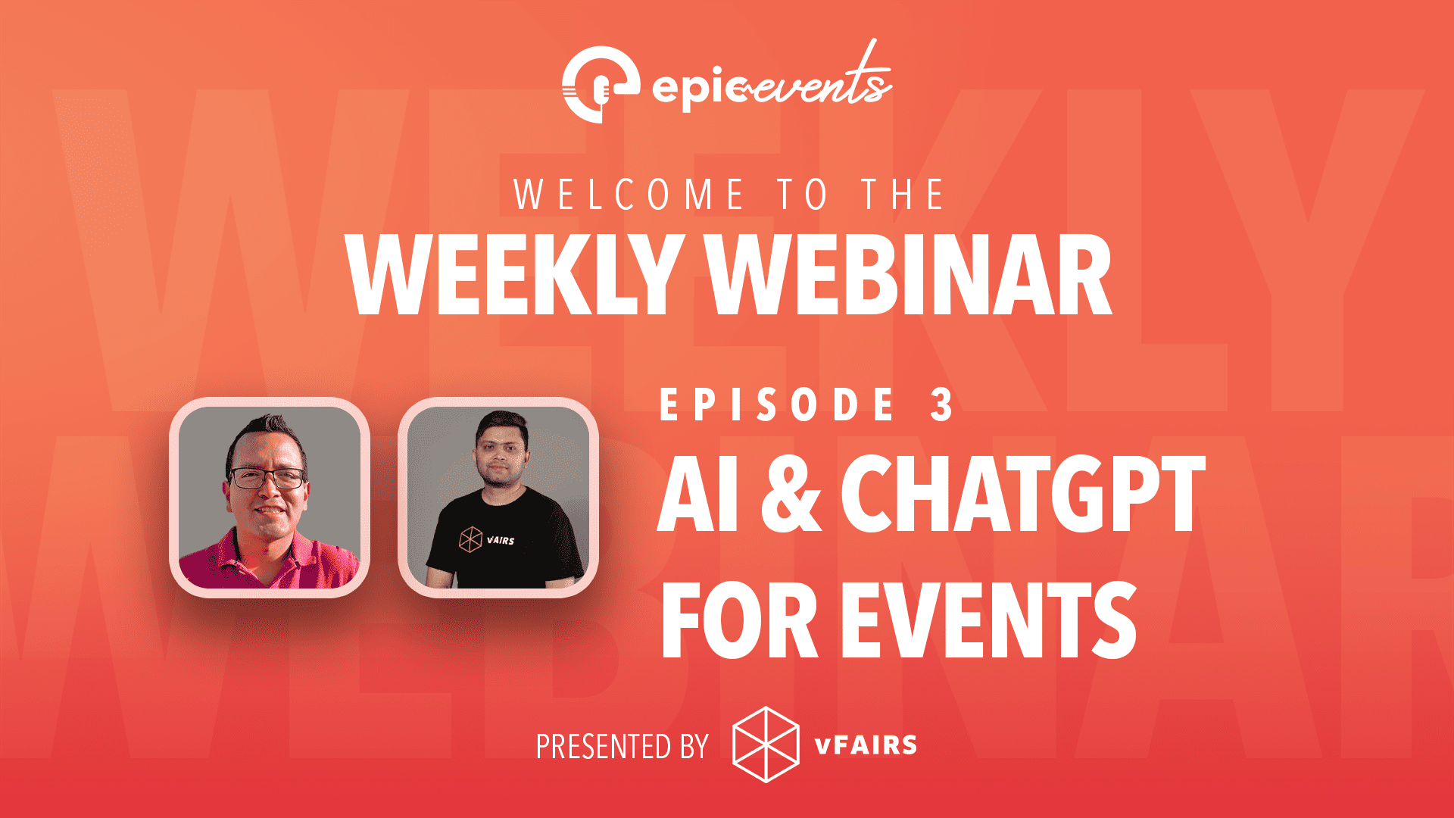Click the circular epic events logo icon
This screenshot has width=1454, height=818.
601,84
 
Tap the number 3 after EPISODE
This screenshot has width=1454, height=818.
942,404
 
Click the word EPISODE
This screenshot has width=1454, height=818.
778,404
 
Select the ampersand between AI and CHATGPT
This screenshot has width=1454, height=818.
791,494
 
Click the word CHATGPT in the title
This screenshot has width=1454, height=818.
1023,494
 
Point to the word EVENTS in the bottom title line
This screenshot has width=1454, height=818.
989,621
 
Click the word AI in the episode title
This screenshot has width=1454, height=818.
698,494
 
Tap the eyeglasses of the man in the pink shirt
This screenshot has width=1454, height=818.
267,479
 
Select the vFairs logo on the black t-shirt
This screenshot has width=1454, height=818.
487,539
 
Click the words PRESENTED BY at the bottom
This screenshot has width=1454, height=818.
622,747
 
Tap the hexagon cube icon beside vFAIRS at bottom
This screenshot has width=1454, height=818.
766,745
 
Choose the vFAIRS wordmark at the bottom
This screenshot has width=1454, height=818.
866,745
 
